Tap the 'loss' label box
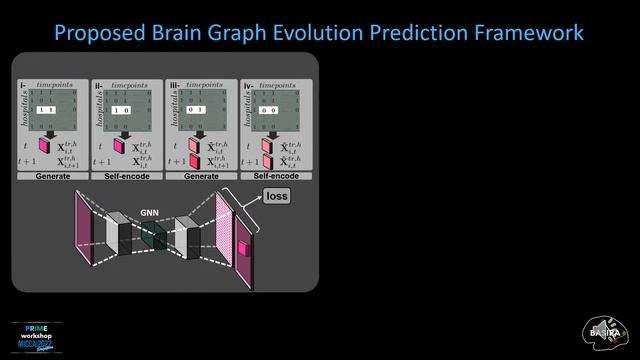tap(277, 196)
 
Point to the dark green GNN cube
tap(152, 236)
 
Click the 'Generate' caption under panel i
tap(52, 176)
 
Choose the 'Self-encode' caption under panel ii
tap(126, 176)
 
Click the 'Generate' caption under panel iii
tap(201, 176)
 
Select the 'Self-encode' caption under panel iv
tap(275, 176)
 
